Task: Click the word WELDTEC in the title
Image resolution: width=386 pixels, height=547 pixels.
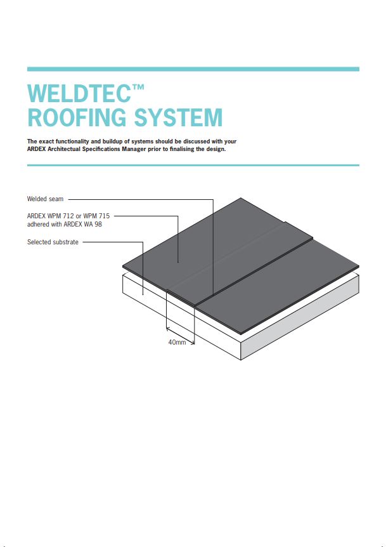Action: click(79, 95)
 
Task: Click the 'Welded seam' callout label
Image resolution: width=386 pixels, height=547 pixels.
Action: click(45, 199)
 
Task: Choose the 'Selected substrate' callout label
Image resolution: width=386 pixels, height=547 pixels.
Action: click(53, 242)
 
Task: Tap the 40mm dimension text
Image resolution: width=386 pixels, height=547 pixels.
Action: click(177, 343)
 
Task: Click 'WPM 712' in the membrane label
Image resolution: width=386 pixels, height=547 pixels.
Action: click(61, 216)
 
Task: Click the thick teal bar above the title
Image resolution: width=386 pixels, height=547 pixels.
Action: click(193, 69)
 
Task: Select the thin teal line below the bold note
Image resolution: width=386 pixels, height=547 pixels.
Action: click(193, 165)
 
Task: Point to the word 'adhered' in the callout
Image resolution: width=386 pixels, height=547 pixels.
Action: click(38, 224)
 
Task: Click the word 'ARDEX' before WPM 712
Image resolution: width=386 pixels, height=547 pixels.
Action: click(37, 216)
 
